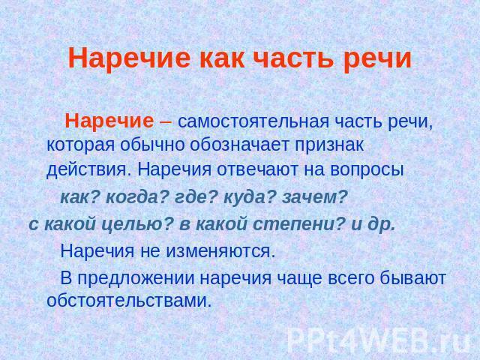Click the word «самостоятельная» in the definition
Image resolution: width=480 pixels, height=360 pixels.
[x=253, y=121]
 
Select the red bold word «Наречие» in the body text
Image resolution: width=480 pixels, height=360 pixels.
[x=109, y=121]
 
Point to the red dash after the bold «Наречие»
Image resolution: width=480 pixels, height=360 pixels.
[x=166, y=122]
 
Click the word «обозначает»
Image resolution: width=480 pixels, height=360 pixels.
[x=240, y=145]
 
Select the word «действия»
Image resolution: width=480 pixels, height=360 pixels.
[x=87, y=170]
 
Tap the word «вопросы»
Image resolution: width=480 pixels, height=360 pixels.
[x=367, y=170]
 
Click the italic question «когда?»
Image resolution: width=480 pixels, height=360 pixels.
[x=137, y=198]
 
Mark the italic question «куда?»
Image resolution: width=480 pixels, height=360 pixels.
[x=250, y=198]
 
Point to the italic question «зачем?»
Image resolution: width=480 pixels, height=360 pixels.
[x=315, y=198]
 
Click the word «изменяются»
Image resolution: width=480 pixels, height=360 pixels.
[x=218, y=252]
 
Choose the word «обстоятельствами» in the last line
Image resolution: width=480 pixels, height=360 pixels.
[x=129, y=301]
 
